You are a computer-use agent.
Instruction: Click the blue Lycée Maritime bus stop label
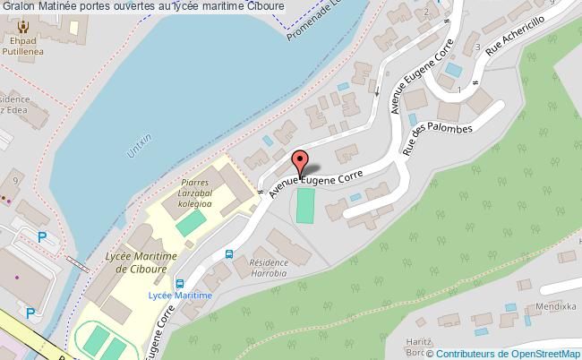pyautogui.click(x=180, y=295)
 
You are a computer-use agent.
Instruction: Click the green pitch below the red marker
pyautogui.click(x=305, y=205)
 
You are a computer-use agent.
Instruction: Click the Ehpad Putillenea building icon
pyautogui.click(x=16, y=26)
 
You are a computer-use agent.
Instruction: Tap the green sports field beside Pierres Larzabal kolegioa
pyautogui.click(x=187, y=223)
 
